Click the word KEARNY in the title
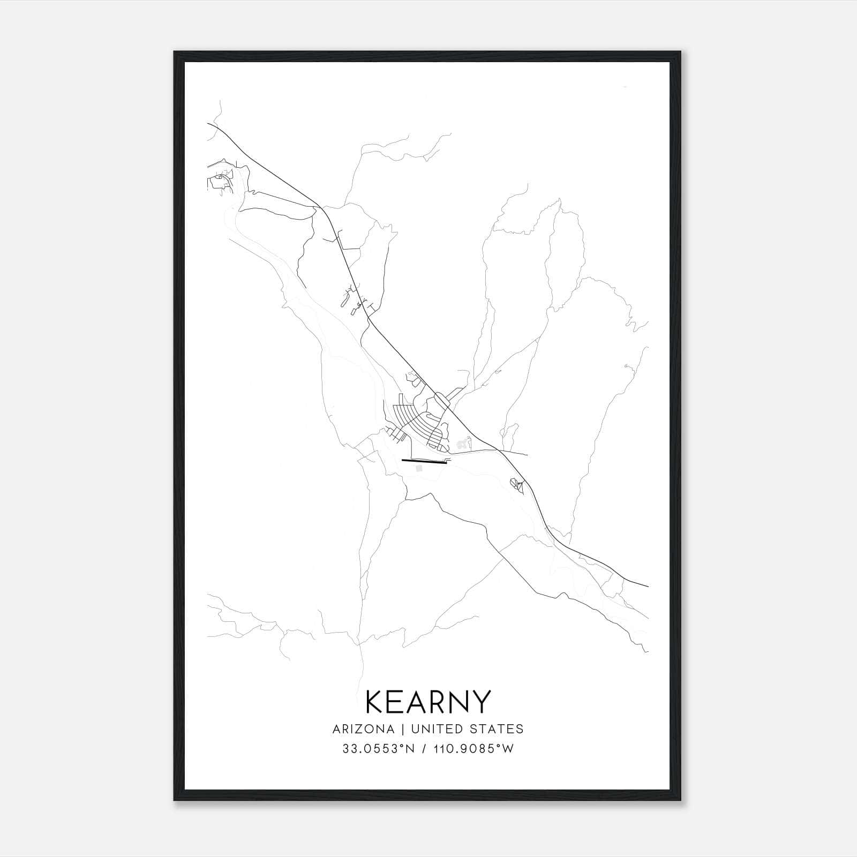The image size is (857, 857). (x=427, y=702)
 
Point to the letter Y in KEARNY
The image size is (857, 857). (x=480, y=702)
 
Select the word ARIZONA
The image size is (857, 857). (x=363, y=729)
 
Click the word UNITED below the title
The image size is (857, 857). (x=430, y=729)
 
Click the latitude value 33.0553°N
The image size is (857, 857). (x=377, y=749)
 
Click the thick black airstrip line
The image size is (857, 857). (x=424, y=461)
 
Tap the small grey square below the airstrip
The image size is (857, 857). (x=419, y=468)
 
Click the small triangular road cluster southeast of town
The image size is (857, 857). (x=516, y=485)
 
